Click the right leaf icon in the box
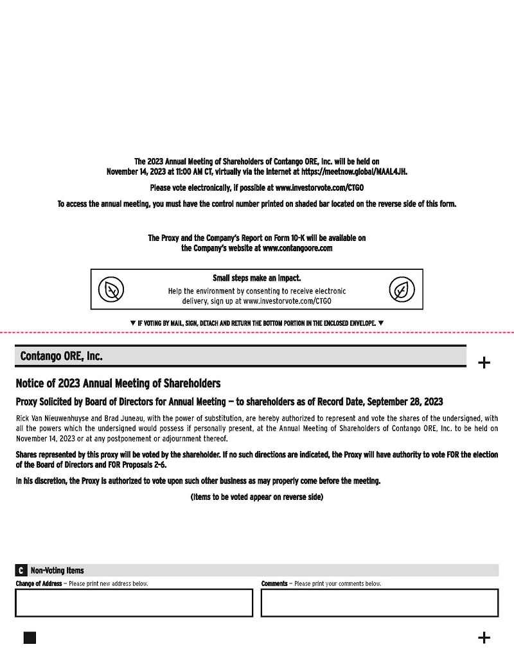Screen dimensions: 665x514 pos(402,289)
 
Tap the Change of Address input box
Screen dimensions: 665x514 pos(134,603)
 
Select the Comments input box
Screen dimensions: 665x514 pos(379,603)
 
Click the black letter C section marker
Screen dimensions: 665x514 pos(21,570)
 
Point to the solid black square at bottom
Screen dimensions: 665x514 pos(30,637)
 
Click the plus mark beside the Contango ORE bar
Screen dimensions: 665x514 pos(484,363)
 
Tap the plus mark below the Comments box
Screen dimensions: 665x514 pos(484,637)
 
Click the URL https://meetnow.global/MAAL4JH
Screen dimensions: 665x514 pos(354,172)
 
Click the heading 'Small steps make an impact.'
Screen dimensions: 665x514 pos(256,278)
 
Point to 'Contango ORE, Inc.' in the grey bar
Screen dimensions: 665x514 pos(61,356)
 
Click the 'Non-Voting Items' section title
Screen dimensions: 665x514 pos(57,570)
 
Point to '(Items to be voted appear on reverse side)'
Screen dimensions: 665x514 pos(256,497)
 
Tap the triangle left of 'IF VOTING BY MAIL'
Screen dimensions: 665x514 pos(132,323)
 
